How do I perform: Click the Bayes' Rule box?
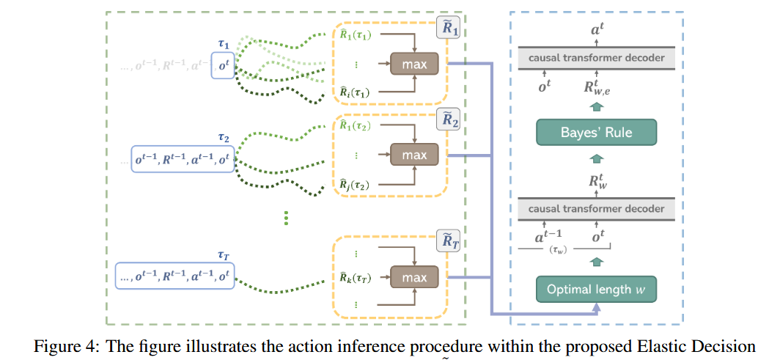595,133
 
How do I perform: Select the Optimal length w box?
595,290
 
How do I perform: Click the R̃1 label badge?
448,32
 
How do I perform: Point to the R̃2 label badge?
448,121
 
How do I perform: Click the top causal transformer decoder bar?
596,57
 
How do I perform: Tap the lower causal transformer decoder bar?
596,209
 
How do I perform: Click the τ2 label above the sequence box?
224,138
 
